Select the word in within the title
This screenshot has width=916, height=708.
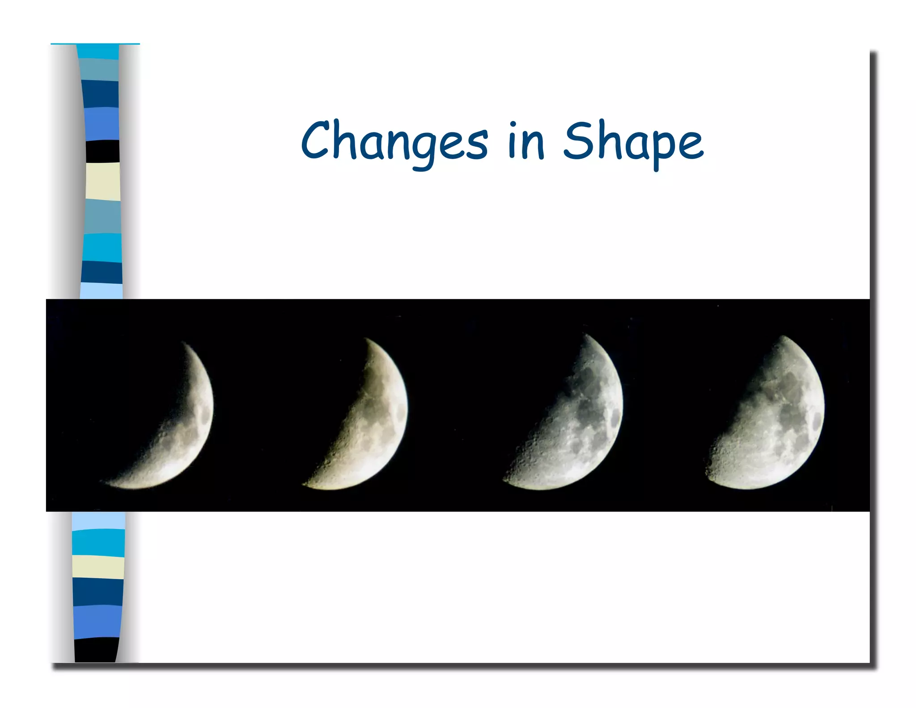tap(526, 141)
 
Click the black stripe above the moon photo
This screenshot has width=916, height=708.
tap(102, 151)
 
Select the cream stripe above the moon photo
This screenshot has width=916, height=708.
tap(102, 181)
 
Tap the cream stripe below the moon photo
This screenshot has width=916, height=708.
tap(98, 567)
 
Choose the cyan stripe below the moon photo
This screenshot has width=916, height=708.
tap(98, 542)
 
